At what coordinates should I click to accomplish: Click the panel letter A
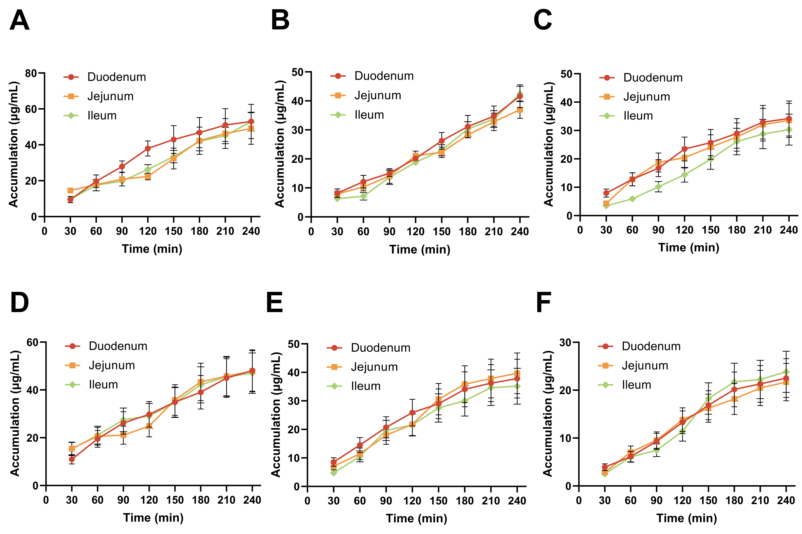[19, 20]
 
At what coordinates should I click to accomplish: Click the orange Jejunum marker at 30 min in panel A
[70, 190]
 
